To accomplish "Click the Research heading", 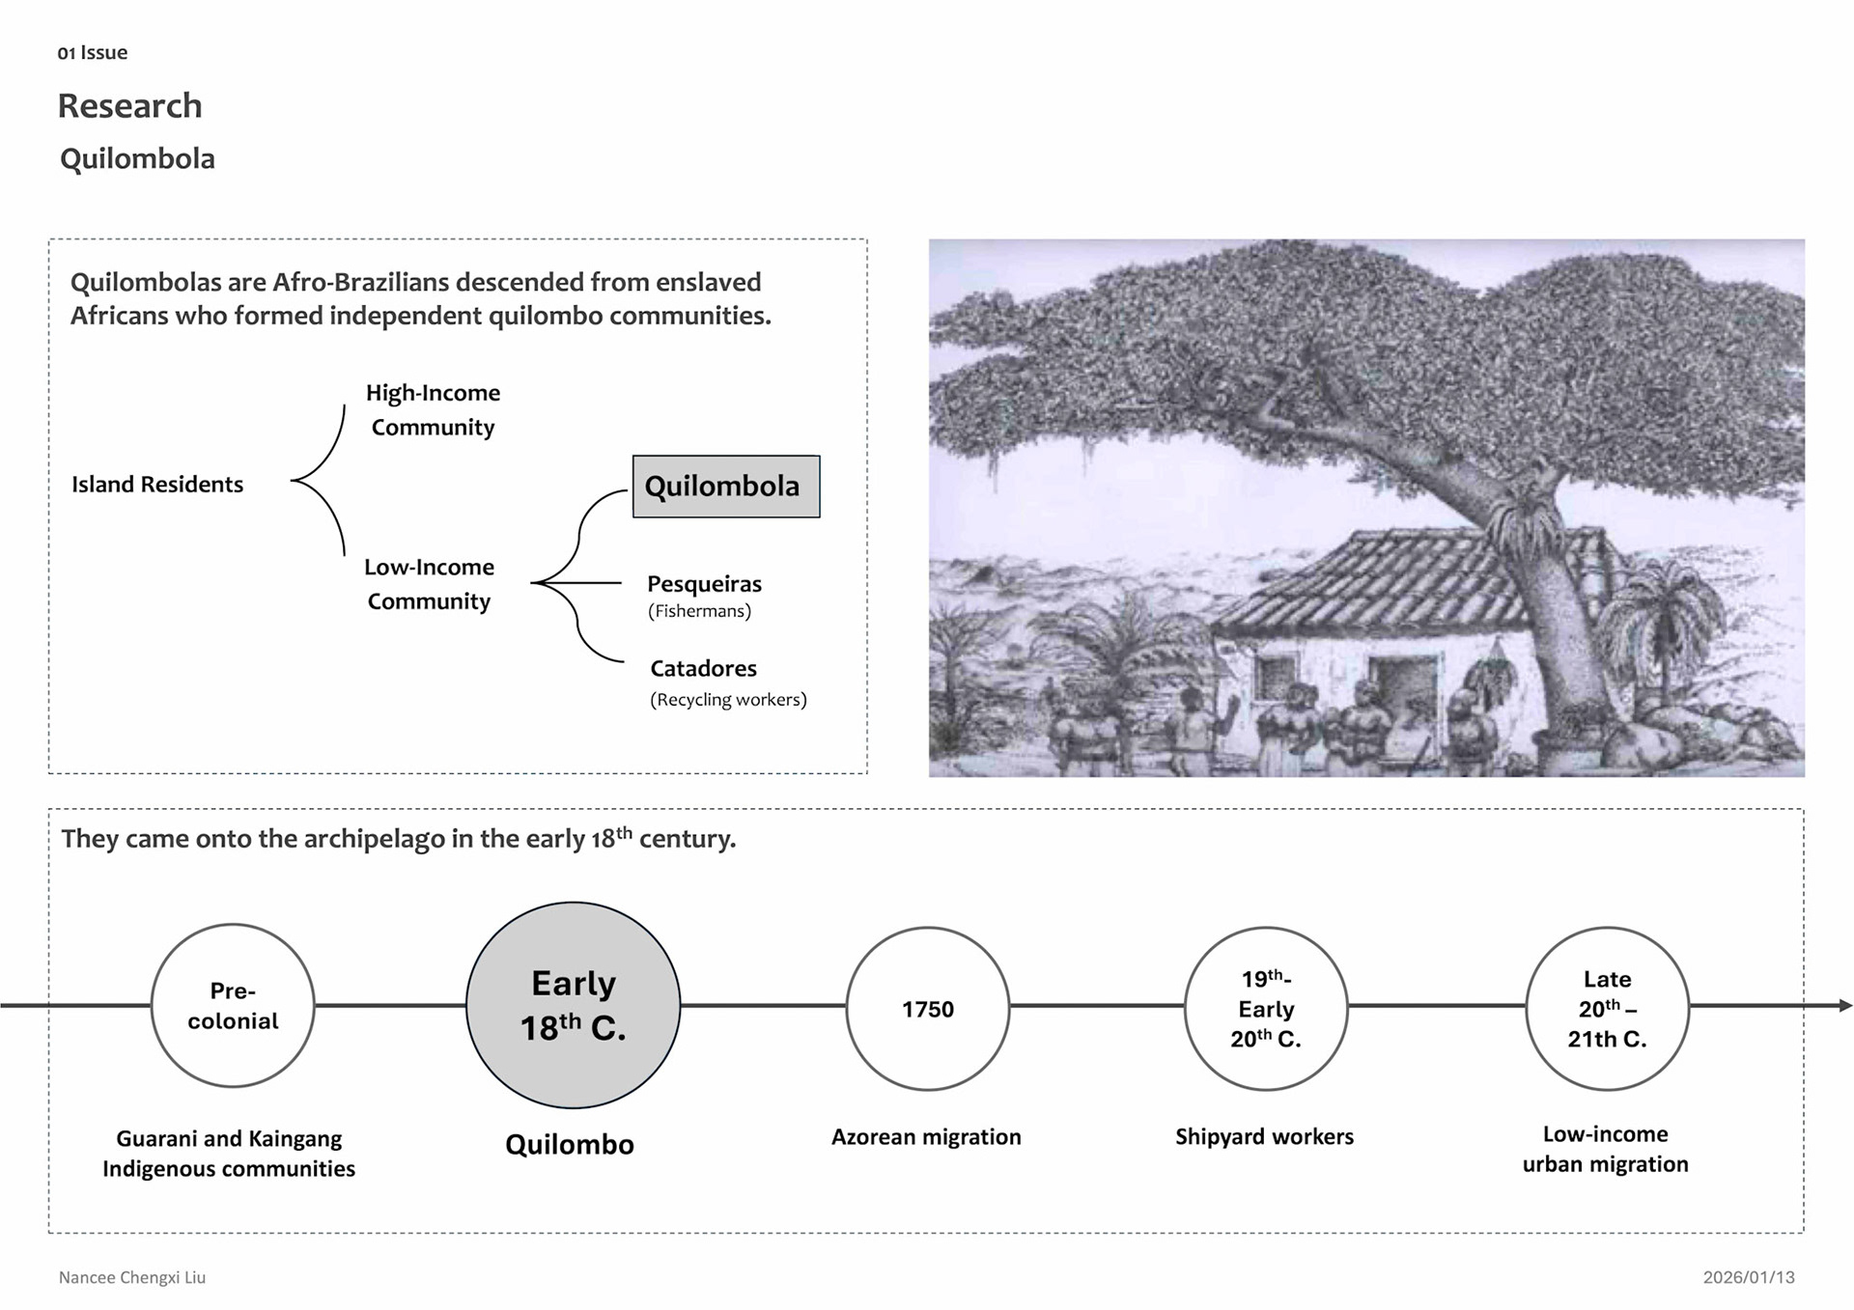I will coord(129,105).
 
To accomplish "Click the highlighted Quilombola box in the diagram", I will coord(725,487).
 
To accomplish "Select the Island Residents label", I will coord(157,484).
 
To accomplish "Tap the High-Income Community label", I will coord(433,409).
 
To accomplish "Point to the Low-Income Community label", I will coord(430,584).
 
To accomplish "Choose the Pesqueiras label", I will coord(704,584).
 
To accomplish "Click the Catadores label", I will coord(703,668).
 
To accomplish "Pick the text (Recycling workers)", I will coord(728,699).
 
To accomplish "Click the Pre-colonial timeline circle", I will coord(233,1005).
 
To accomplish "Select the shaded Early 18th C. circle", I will coord(573,1005).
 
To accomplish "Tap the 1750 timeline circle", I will coord(927,1009).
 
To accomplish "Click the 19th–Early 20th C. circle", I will coord(1265,1009).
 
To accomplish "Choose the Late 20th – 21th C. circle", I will coord(1607,1009).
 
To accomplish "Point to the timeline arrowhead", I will coord(1845,1005).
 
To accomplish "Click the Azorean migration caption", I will coord(926,1136).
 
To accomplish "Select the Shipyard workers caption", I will coord(1264,1136).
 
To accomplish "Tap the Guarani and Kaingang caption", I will coord(229,1153).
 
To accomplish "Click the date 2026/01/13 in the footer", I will coord(1748,1277).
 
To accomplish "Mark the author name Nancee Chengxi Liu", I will coord(132,1277).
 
